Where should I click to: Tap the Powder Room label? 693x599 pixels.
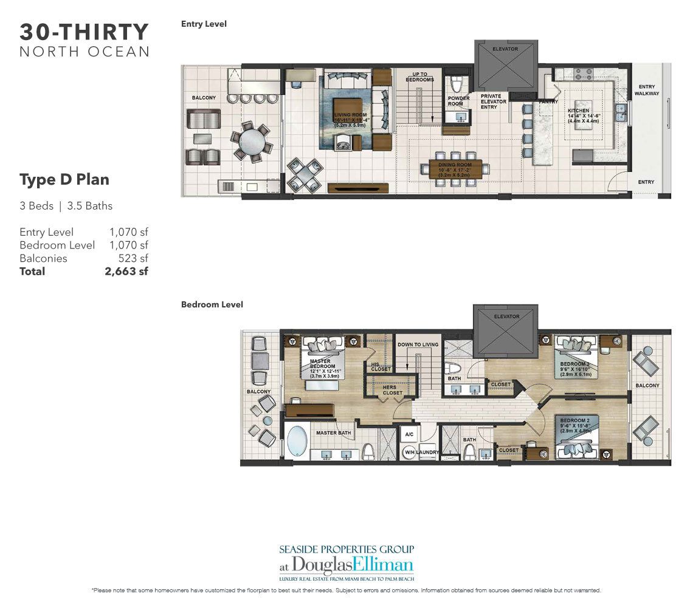click(x=459, y=101)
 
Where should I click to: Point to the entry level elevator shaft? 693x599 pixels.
click(x=506, y=66)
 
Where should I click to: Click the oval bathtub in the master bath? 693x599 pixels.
click(x=297, y=441)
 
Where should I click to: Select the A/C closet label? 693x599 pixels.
click(x=409, y=435)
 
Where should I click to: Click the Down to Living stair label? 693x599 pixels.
click(x=418, y=345)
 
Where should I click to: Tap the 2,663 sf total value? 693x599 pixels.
click(x=126, y=272)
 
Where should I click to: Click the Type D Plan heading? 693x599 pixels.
click(x=64, y=180)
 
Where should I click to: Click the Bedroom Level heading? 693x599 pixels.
click(x=212, y=304)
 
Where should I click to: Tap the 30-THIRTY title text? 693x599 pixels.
click(x=84, y=32)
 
